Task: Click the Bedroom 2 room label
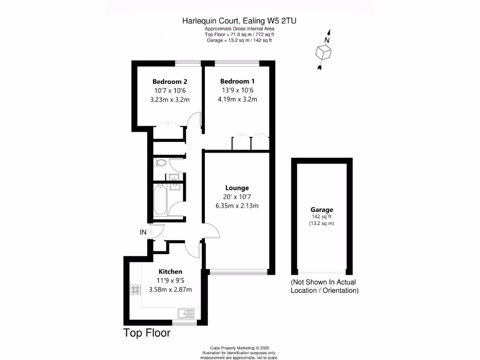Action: point(170,81)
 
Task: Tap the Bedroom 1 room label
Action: point(237,81)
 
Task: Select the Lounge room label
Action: point(237,187)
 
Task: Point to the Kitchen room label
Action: point(170,271)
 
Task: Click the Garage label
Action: point(322,210)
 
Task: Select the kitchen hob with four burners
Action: point(136,290)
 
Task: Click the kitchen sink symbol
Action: point(186,313)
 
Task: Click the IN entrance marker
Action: point(142,232)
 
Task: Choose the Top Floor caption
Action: point(147,333)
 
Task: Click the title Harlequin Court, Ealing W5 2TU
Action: point(239,21)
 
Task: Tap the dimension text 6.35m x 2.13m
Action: point(237,205)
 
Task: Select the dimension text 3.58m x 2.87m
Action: point(170,289)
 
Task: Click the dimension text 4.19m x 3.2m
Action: point(237,99)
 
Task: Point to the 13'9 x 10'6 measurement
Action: point(237,90)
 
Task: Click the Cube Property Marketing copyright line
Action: point(239,348)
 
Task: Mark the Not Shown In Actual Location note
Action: point(324,286)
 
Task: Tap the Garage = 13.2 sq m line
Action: point(239,40)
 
